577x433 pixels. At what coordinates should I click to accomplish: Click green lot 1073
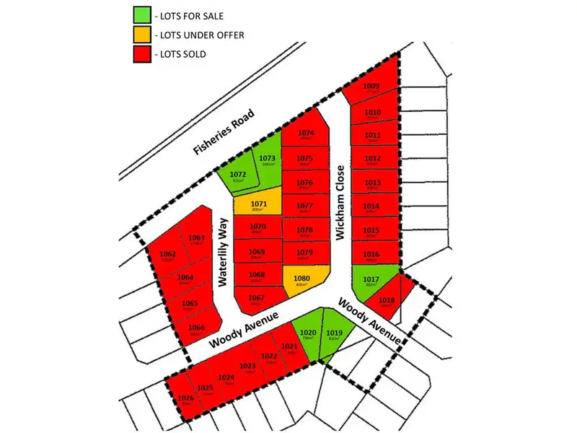pyautogui.click(x=268, y=162)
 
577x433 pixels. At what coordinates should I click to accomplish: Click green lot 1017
pyautogui.click(x=371, y=281)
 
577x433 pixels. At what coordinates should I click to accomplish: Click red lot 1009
pyautogui.click(x=371, y=89)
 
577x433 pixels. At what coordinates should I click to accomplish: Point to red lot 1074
pyautogui.click(x=306, y=135)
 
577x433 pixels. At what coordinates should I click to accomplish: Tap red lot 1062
pyautogui.click(x=168, y=256)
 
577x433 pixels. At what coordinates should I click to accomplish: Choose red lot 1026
pyautogui.click(x=185, y=399)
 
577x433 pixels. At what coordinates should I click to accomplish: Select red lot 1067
pyautogui.click(x=257, y=299)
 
